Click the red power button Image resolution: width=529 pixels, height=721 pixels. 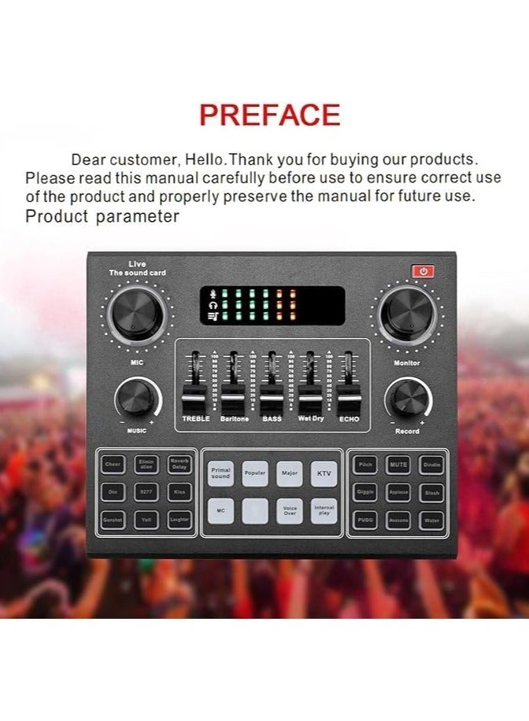tap(424, 271)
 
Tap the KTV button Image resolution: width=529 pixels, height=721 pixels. tap(324, 473)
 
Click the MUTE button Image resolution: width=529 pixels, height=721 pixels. tap(398, 465)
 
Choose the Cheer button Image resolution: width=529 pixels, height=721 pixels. tap(113, 465)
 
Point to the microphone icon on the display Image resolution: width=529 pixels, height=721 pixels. tap(211, 295)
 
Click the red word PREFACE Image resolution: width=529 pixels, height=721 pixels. tap(269, 116)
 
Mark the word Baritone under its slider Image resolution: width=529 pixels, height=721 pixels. tap(233, 419)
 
